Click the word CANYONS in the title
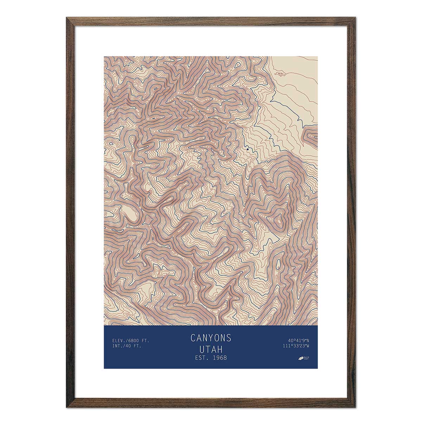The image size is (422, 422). click(x=211, y=338)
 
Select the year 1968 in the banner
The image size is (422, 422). click(x=218, y=358)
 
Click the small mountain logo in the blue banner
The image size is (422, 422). click(x=301, y=359)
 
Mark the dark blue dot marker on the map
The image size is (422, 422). click(x=248, y=149)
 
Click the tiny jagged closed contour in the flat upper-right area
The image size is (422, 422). click(x=280, y=74)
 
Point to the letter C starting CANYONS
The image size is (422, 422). click(x=193, y=338)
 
